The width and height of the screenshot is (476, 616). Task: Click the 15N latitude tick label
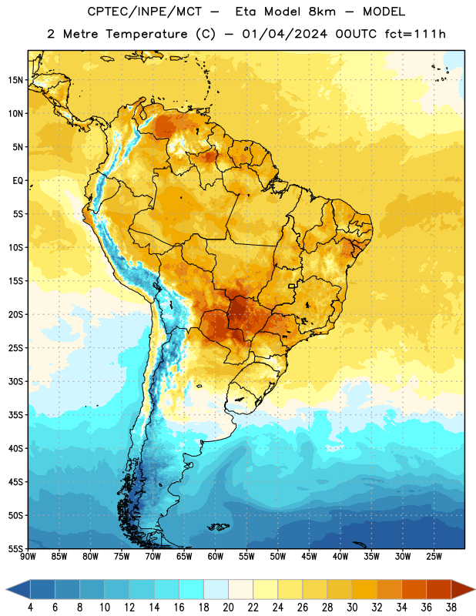pyautogui.click(x=15, y=80)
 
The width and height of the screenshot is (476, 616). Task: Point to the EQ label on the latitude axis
pyautogui.click(x=18, y=181)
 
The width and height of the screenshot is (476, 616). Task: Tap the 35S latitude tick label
pyautogui.click(x=15, y=415)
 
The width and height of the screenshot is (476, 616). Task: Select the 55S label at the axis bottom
pyautogui.click(x=15, y=548)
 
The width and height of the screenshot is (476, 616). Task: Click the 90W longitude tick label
pyautogui.click(x=28, y=556)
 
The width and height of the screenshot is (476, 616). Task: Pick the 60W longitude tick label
pyautogui.click(x=216, y=556)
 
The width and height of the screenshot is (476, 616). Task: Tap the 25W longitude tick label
pyautogui.click(x=434, y=556)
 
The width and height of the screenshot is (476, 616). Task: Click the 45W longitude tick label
pyautogui.click(x=309, y=556)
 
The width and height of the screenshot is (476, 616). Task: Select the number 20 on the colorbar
pyautogui.click(x=228, y=608)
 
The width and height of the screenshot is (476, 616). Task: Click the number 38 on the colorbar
pyautogui.click(x=451, y=608)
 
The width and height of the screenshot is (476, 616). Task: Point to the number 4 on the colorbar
pyautogui.click(x=30, y=608)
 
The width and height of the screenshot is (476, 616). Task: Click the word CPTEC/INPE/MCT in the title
pyautogui.click(x=145, y=12)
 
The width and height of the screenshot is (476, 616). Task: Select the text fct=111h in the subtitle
pyautogui.click(x=415, y=34)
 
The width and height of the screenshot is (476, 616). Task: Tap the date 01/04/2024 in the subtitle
pyautogui.click(x=284, y=34)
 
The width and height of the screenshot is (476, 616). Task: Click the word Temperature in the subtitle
pyautogui.click(x=146, y=35)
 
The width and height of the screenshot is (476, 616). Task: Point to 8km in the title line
pyautogui.click(x=322, y=12)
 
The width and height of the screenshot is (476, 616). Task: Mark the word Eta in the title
pyautogui.click(x=246, y=12)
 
